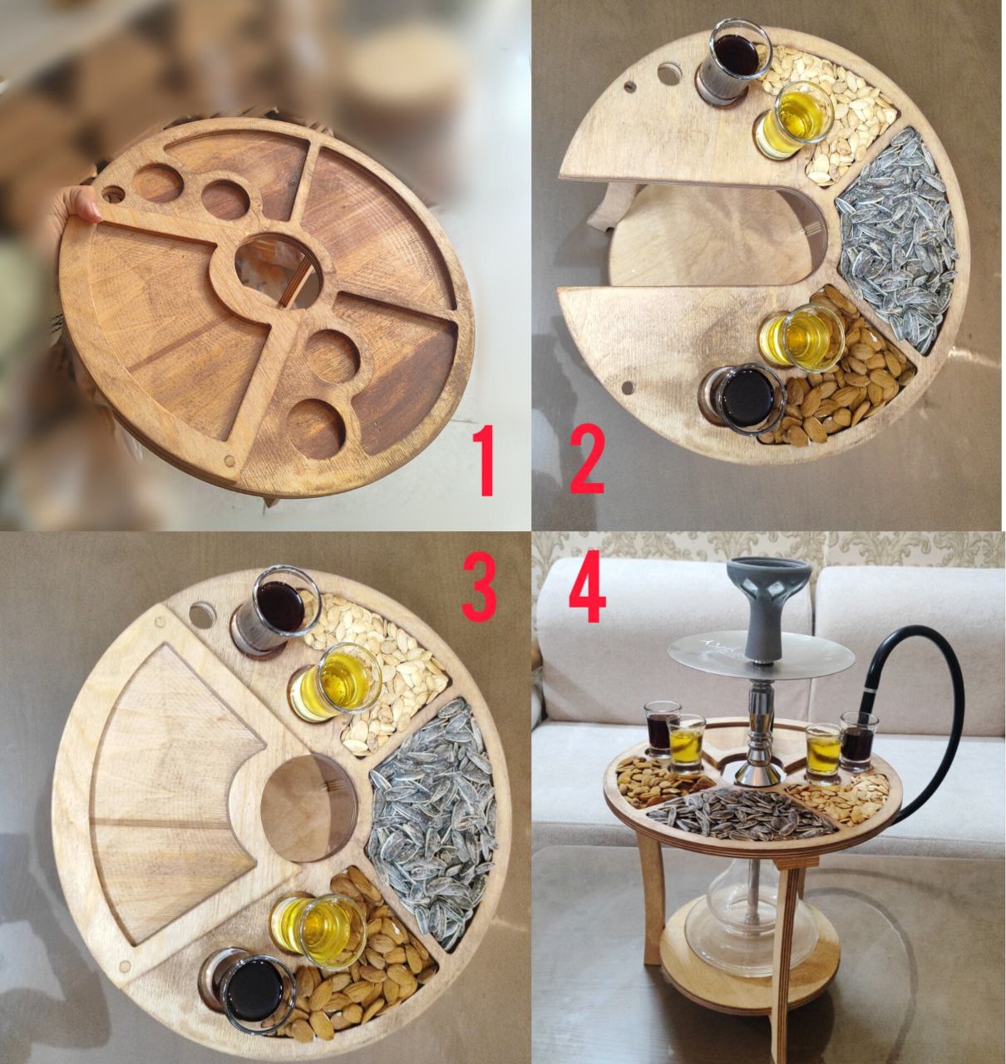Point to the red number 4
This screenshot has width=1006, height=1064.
click(x=587, y=586)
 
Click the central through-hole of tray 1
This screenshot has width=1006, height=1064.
click(x=279, y=271)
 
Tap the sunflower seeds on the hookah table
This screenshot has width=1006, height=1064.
click(x=747, y=814)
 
